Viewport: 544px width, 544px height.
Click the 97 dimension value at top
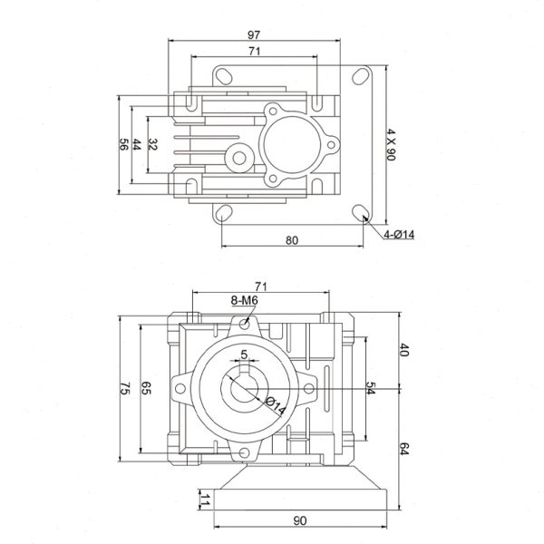254,34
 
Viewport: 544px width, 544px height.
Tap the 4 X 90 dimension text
391,144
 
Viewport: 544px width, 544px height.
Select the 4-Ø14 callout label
399,235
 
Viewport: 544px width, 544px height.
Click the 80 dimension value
292,240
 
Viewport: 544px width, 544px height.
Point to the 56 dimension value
124,144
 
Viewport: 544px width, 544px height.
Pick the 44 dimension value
138,144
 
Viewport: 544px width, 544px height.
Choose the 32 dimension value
152,144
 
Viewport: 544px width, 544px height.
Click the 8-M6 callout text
245,300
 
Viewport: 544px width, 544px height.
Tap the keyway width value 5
244,355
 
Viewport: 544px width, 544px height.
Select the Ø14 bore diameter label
275,406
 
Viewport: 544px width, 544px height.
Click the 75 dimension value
124,388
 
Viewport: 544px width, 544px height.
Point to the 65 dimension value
146,388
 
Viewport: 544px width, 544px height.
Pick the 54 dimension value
371,388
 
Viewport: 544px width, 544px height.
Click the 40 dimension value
404,350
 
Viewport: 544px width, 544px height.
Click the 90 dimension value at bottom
300,520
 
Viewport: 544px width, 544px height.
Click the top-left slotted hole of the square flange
225,76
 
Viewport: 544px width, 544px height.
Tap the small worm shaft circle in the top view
239,158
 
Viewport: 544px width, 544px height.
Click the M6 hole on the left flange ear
180,388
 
